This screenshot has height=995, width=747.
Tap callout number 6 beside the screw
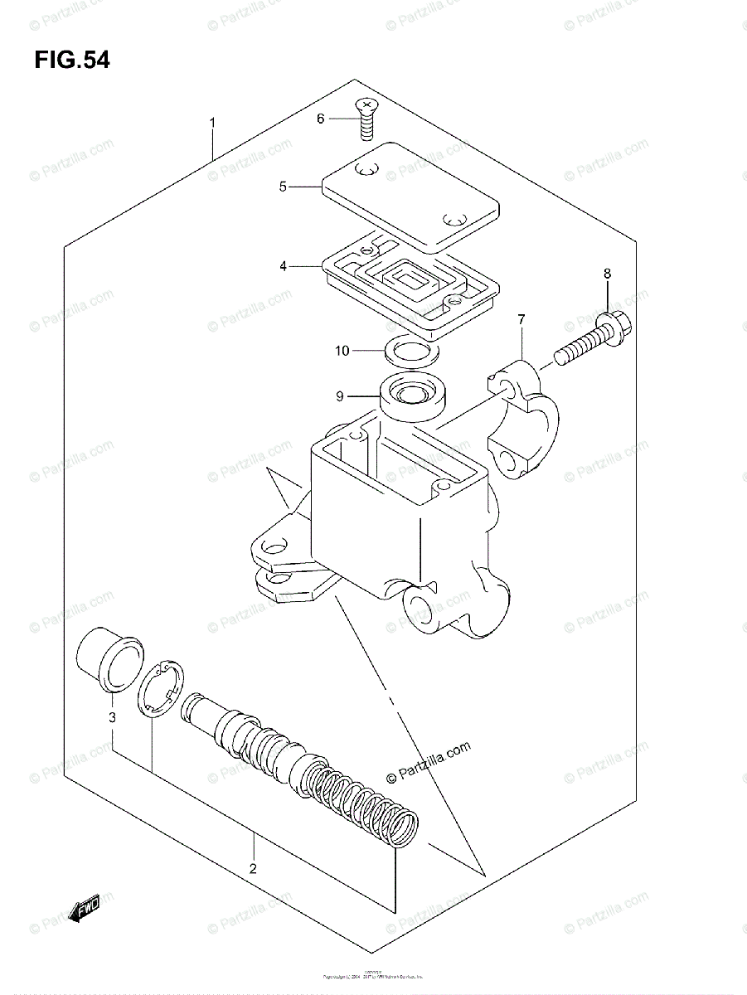pyautogui.click(x=320, y=119)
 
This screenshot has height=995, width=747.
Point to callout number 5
pyautogui.click(x=283, y=187)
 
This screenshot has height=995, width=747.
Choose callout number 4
pyautogui.click(x=283, y=266)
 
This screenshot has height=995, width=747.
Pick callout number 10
pyautogui.click(x=342, y=351)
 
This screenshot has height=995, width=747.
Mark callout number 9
pyautogui.click(x=340, y=396)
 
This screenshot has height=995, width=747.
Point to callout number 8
pyautogui.click(x=607, y=273)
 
